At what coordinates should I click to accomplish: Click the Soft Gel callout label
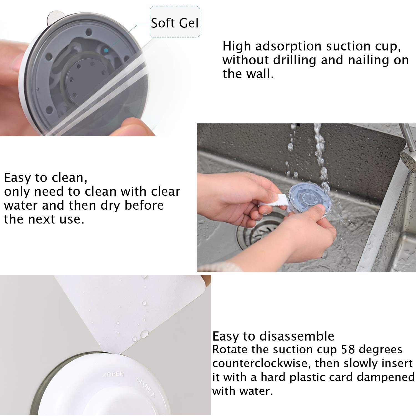tap(175, 22)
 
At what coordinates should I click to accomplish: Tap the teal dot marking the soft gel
tap(106, 50)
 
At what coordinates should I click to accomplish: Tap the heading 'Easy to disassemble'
tap(273, 336)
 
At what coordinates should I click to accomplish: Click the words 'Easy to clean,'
tap(46, 178)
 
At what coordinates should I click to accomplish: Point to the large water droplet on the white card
tap(144, 334)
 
